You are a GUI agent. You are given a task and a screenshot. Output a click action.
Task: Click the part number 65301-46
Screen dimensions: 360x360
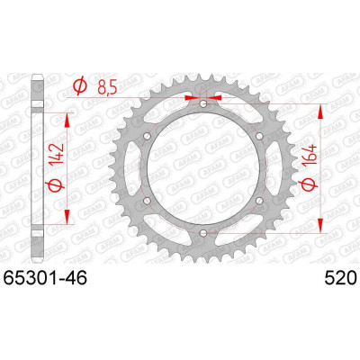pos(45,278)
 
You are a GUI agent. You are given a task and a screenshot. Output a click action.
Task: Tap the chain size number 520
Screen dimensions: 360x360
pos(340,278)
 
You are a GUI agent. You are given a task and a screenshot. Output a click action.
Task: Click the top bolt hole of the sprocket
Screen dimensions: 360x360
pos(203,104)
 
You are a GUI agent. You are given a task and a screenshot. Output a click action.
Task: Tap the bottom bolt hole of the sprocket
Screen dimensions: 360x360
pos(203,232)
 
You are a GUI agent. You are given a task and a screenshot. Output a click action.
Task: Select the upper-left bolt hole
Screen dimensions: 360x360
pos(148,137)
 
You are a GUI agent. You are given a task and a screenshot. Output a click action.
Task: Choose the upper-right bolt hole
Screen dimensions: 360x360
pos(259,137)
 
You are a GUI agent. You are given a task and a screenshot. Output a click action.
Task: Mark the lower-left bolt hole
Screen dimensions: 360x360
pos(148,201)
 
